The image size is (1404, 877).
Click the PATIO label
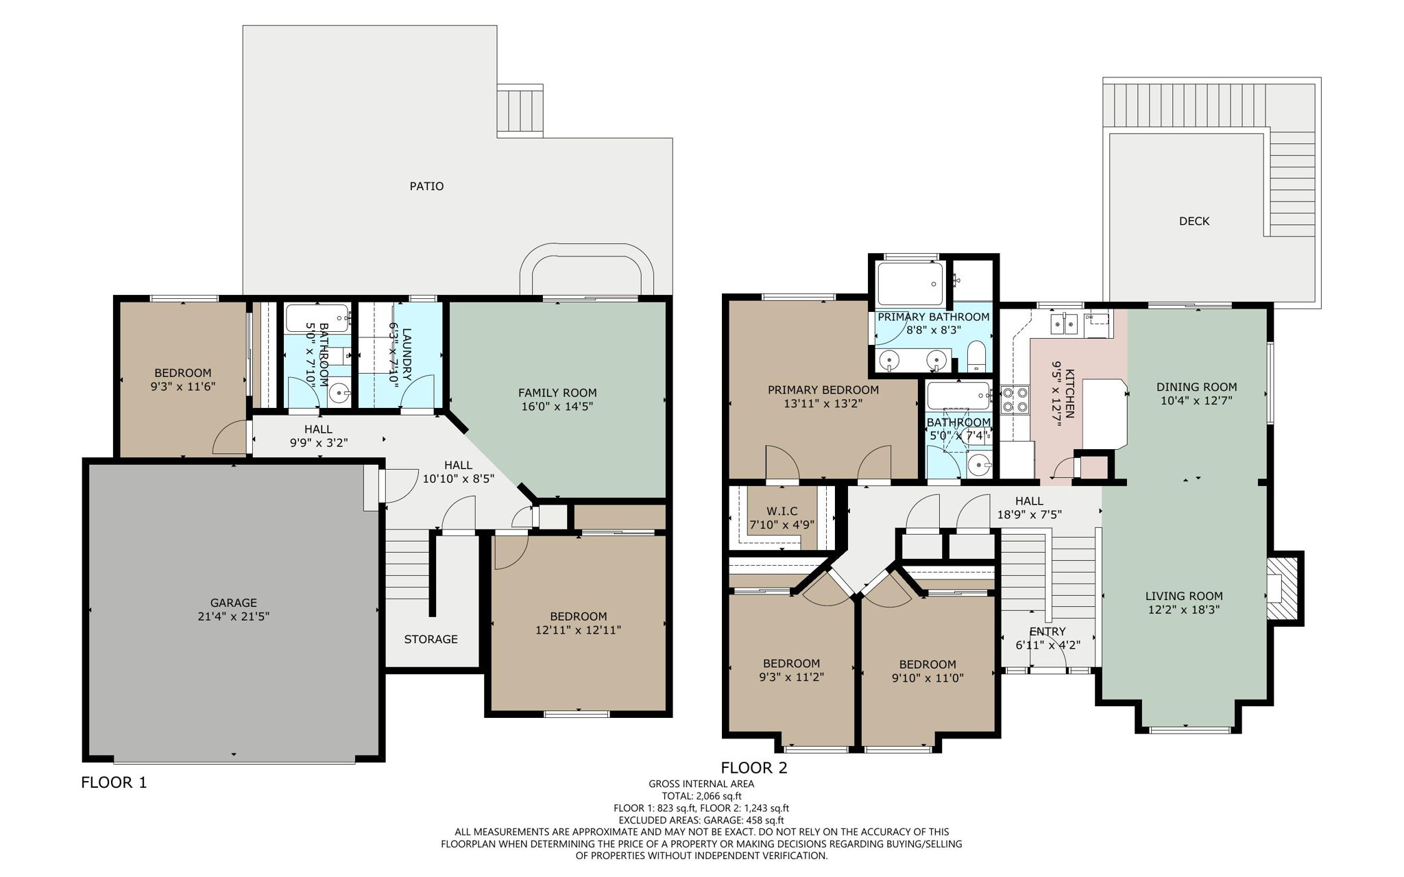click(426, 186)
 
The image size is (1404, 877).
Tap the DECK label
click(1194, 221)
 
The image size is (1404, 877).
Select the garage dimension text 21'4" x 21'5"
click(233, 616)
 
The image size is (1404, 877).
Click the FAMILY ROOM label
click(557, 392)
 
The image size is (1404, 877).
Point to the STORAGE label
click(431, 639)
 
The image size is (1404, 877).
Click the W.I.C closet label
click(782, 512)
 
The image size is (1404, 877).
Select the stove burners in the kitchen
click(1015, 400)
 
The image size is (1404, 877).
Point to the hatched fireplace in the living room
click(1282, 588)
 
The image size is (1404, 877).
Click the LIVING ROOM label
click(1183, 596)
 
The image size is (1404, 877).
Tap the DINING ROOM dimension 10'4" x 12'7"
click(1196, 400)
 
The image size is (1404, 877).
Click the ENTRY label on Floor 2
click(1047, 632)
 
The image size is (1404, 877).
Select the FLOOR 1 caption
click(114, 782)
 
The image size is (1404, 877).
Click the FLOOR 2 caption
click(753, 768)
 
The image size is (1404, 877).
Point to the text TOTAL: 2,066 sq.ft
click(701, 796)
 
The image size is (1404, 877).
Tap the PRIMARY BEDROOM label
click(823, 390)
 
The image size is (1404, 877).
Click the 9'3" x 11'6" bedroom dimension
click(182, 387)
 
